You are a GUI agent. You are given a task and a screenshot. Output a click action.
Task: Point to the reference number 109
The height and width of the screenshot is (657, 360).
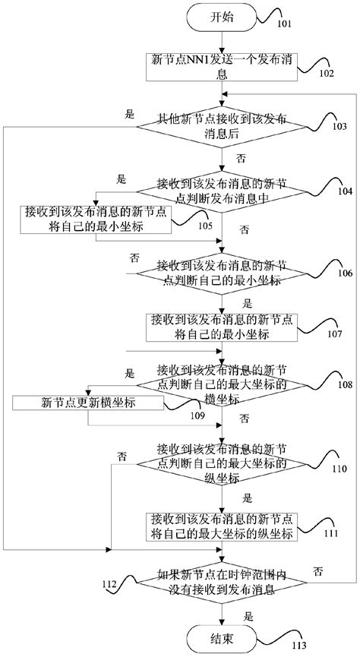(196, 416)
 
